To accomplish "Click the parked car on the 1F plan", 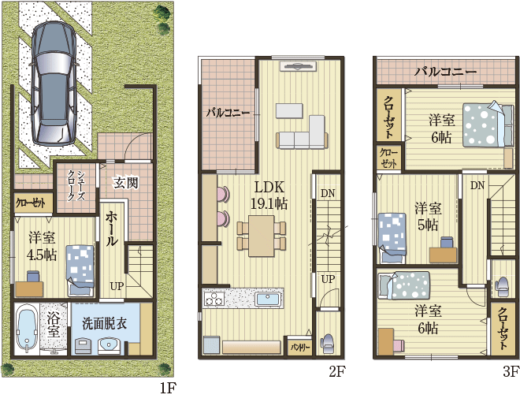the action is click(x=54, y=84).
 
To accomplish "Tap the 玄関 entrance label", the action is click(x=125, y=182).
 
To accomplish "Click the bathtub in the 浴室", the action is click(x=26, y=329).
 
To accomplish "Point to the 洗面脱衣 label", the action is click(x=105, y=323).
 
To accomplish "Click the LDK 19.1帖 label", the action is click(x=269, y=195).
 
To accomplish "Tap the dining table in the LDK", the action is click(x=262, y=236).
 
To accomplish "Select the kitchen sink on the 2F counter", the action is click(x=269, y=300).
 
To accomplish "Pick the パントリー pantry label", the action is click(x=300, y=348).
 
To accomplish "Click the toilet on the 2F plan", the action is click(x=327, y=343).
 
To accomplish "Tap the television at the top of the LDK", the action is click(x=298, y=66).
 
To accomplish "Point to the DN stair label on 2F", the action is click(x=328, y=193).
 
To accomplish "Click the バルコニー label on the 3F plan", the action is click(x=444, y=71).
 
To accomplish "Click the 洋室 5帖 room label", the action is click(x=428, y=217).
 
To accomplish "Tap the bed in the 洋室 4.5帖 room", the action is click(x=80, y=270).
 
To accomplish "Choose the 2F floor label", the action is click(x=337, y=372).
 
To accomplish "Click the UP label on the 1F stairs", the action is click(x=117, y=286).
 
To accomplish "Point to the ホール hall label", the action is click(x=111, y=229).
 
